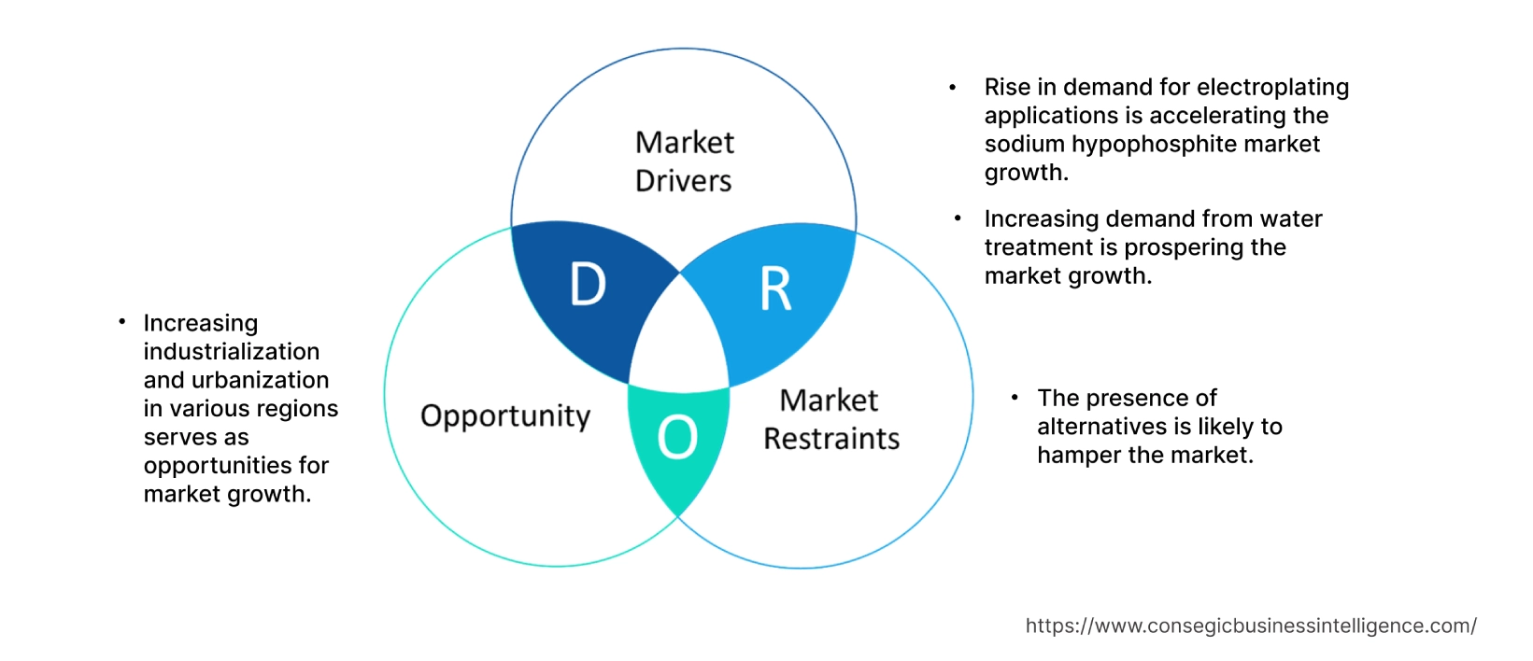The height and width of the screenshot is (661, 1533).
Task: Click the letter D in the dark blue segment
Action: pos(588,284)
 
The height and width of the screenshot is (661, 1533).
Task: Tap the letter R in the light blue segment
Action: pos(775,289)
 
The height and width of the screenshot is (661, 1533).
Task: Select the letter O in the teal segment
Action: pos(677,437)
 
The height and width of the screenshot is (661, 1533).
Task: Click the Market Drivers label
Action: pos(684,162)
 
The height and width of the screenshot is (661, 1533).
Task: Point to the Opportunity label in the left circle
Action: pos(504,415)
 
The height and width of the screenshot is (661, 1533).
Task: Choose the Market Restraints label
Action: pos(830,419)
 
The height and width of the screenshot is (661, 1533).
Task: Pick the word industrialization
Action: pos(231,352)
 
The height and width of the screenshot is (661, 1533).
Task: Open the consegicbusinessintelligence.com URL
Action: pos(1250,626)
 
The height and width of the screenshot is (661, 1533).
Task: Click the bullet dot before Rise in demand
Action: pos(953,88)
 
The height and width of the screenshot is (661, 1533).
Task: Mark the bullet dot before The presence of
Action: pos(1015,398)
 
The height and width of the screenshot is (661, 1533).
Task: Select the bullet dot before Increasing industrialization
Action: pos(121,322)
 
